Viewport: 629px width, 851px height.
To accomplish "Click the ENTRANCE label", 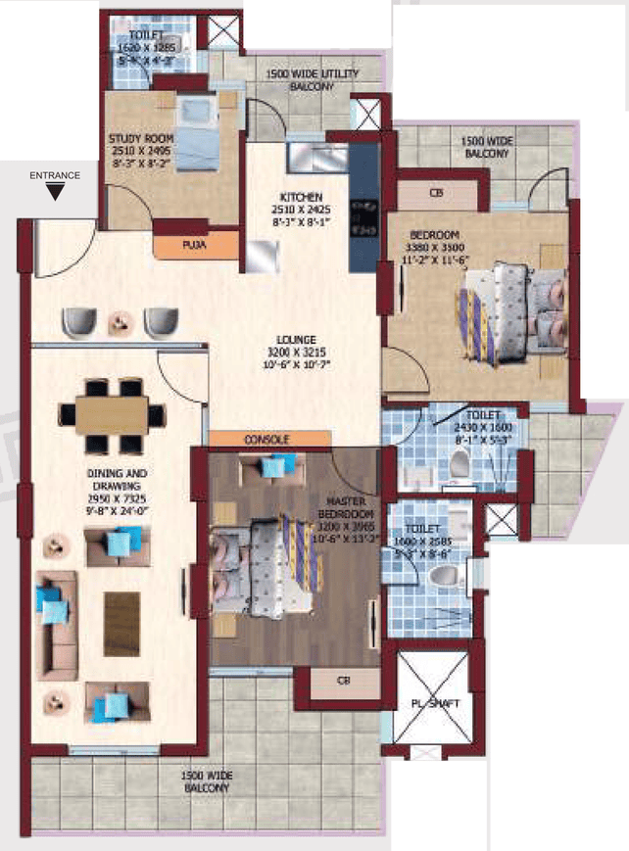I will point(55,175).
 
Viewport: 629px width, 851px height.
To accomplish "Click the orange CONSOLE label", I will point(266,439).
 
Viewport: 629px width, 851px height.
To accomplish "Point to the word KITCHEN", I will point(299,197).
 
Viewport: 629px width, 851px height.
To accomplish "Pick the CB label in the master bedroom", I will point(343,681).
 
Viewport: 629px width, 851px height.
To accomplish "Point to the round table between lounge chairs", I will point(121,320).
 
